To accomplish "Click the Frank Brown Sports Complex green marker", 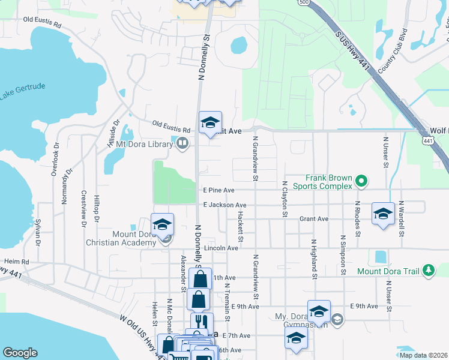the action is [361, 180].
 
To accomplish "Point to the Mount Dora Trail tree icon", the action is [428, 271].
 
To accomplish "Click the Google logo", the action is [20, 353].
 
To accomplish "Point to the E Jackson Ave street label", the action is [224, 205].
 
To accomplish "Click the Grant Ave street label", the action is [314, 219].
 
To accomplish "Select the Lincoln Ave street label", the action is [221, 248].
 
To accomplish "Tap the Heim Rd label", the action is [16, 262].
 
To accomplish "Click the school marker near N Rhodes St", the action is [383, 214].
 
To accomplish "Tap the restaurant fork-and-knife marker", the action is [202, 322].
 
